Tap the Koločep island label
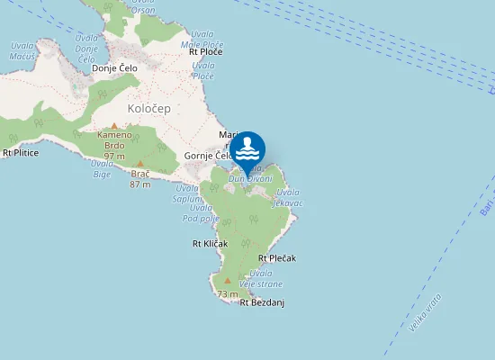point(148,108)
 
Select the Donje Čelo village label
point(112,68)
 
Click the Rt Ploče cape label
point(205,52)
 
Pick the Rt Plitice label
point(21,153)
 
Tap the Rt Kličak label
point(210,244)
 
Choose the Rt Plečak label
point(276,258)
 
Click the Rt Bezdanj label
point(262,302)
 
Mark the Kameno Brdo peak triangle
point(113,126)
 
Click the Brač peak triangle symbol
point(139,164)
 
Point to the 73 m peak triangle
point(228,280)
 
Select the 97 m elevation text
point(113,157)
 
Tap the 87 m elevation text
point(139,184)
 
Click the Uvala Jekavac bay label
point(289,198)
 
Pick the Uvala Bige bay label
point(102,168)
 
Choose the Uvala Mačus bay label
point(22,50)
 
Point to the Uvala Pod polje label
point(201,213)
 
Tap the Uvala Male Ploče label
point(202,40)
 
